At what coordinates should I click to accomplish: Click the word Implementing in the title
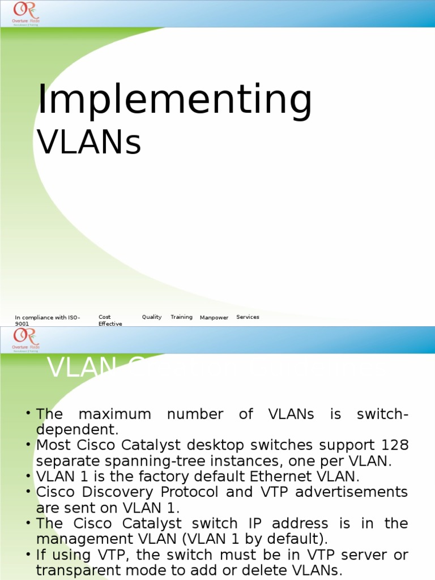click(174, 100)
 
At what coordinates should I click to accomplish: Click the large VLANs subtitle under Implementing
click(89, 142)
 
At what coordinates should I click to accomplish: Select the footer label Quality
click(152, 317)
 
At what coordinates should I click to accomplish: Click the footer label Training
click(181, 317)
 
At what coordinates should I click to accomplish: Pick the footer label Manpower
click(214, 318)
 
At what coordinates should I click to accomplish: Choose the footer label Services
click(248, 317)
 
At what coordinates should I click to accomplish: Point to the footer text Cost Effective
click(110, 321)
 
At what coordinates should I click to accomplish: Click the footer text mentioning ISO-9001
click(48, 321)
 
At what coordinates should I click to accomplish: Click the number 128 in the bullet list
click(395, 446)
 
